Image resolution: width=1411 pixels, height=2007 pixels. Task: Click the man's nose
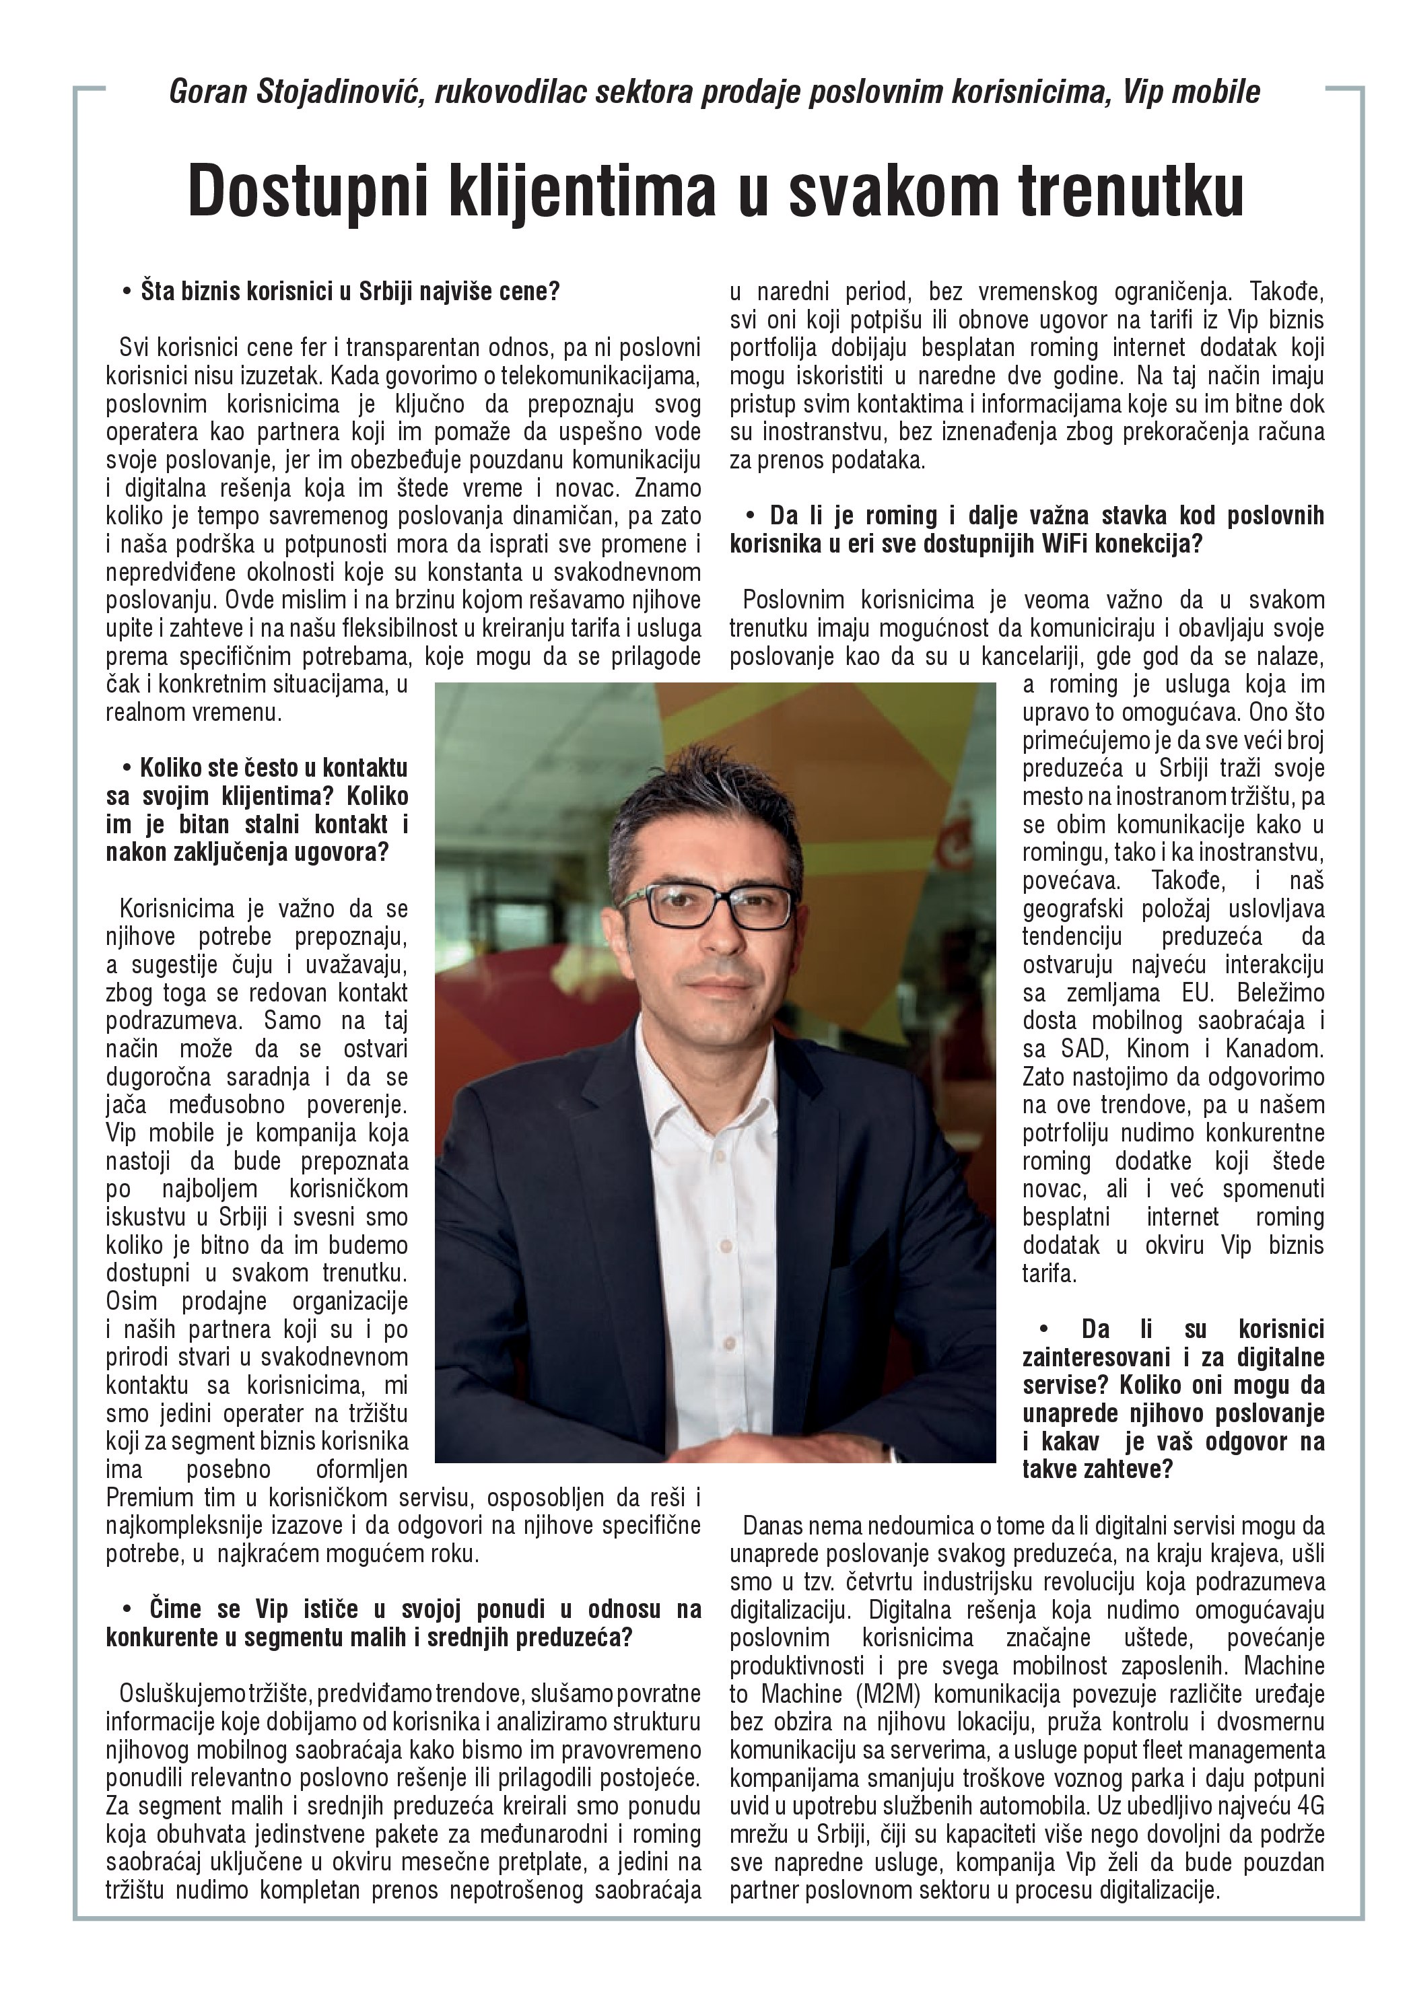pyautogui.click(x=720, y=940)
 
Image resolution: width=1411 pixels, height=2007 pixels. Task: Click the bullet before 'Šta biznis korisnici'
pyautogui.click(x=128, y=291)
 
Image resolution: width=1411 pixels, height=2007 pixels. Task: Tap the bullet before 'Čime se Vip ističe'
pyautogui.click(x=128, y=1609)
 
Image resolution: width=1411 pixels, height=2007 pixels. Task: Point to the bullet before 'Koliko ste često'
pyautogui.click(x=128, y=769)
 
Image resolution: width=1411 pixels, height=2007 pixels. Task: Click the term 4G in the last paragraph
pyautogui.click(x=1311, y=1806)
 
